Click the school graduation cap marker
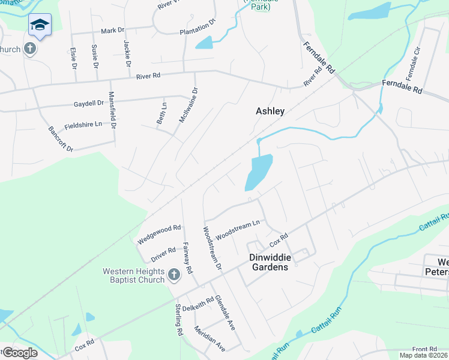pyautogui.click(x=40, y=25)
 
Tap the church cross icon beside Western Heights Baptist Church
pyautogui.click(x=174, y=275)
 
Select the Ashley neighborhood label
pyautogui.click(x=270, y=111)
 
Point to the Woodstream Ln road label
pyautogui.click(x=238, y=229)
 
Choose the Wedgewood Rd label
pyautogui.click(x=159, y=232)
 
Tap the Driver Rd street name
pyautogui.click(x=163, y=251)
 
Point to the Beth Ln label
pyautogui.click(x=161, y=113)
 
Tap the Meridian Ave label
pyautogui.click(x=210, y=339)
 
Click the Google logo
pyautogui.click(x=19, y=353)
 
